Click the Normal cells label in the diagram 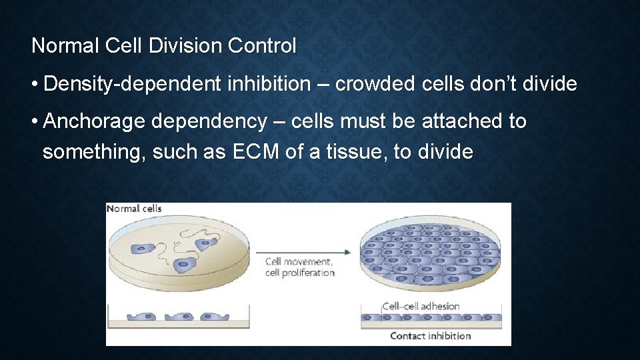[134, 209]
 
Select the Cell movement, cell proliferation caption [299, 267]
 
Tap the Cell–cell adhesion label [421, 307]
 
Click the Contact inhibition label [430, 336]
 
